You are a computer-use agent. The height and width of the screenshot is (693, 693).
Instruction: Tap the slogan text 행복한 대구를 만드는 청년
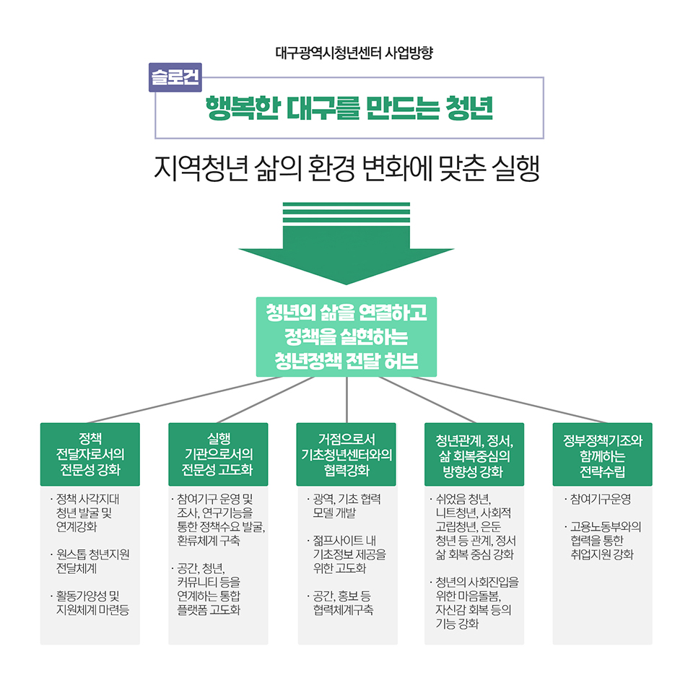tap(349, 108)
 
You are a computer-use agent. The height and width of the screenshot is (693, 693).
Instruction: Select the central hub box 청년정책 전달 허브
tap(346, 336)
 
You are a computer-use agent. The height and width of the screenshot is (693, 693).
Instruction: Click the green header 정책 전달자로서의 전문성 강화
tap(90, 455)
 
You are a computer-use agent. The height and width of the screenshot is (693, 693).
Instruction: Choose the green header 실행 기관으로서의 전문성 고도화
tap(218, 455)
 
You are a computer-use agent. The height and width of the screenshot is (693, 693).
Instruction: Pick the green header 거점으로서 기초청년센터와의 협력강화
tap(346, 455)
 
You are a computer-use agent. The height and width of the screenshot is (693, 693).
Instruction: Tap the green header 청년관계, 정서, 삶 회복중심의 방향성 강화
tap(474, 455)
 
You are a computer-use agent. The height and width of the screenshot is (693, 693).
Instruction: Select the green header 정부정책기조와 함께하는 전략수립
tap(602, 455)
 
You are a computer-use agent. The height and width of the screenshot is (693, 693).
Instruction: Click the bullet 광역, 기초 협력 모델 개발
tap(347, 506)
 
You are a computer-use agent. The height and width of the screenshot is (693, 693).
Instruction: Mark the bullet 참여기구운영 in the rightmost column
tap(601, 500)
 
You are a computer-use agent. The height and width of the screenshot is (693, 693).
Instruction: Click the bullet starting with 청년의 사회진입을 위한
tap(477, 602)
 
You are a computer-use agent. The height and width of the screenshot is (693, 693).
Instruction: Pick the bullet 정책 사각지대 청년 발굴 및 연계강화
tap(91, 513)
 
